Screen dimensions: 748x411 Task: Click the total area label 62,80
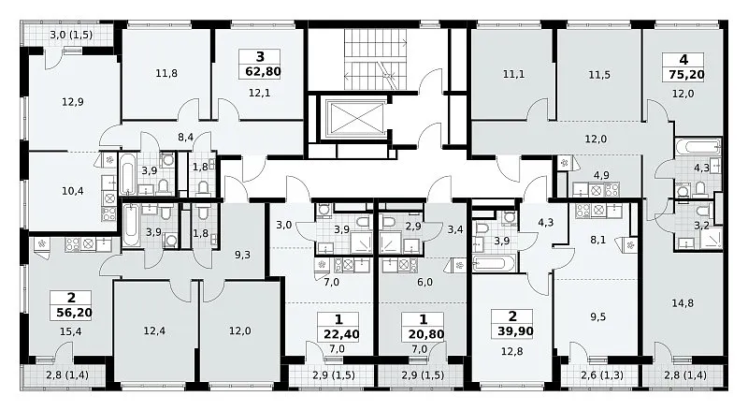pyautogui.click(x=260, y=72)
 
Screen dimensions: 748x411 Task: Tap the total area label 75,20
pyautogui.click(x=683, y=75)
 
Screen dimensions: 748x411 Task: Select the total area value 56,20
pyautogui.click(x=72, y=313)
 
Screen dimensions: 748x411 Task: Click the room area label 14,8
pyautogui.click(x=683, y=303)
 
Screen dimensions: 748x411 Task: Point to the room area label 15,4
pyautogui.click(x=71, y=331)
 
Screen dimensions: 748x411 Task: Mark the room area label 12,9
pyautogui.click(x=73, y=101)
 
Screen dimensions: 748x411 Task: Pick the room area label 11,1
pyautogui.click(x=513, y=74)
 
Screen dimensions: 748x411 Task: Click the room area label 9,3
pyautogui.click(x=242, y=255)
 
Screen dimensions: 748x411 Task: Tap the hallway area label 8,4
pyautogui.click(x=185, y=138)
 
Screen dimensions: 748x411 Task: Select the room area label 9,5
pyautogui.click(x=597, y=316)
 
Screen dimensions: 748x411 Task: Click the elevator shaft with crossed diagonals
pyautogui.click(x=355, y=117)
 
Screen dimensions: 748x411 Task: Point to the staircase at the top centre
pyautogui.click(x=376, y=58)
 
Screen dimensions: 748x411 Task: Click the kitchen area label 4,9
pyautogui.click(x=601, y=175)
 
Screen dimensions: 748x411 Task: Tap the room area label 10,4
pyautogui.click(x=73, y=191)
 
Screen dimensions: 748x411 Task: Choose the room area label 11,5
pyautogui.click(x=599, y=75)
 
